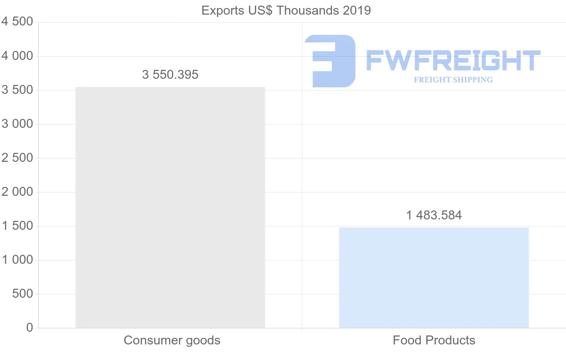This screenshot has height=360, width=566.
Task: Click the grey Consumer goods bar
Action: pos(170,208)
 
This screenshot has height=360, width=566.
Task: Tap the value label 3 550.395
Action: pos(170,75)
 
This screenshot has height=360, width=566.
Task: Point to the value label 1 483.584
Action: pos(434,216)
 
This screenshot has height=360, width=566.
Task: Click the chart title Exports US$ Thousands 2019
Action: pos(286,10)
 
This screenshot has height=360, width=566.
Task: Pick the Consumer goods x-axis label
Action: pos(172,340)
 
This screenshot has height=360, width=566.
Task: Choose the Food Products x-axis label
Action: pos(434,340)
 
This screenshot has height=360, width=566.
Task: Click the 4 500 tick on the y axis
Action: pos(17,22)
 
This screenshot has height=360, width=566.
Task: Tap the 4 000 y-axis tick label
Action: pos(17,56)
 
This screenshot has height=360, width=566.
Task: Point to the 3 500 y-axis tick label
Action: pos(17,90)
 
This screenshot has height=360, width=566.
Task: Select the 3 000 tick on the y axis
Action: pos(17,124)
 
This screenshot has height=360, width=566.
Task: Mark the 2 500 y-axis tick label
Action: pos(17,158)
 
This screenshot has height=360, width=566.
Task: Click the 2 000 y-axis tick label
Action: pos(17,192)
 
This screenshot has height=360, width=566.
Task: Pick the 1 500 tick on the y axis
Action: pos(17,226)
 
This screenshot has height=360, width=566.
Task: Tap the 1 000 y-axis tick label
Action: pos(17,260)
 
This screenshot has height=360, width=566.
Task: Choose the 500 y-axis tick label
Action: pos(23,294)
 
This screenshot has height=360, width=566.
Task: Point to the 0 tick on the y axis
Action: pos(30,327)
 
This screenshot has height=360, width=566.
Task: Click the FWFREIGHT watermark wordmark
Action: pos(453,60)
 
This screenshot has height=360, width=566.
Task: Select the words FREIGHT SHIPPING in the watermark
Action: pos(453,80)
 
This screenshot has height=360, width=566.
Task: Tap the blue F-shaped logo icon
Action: pos(330,61)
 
